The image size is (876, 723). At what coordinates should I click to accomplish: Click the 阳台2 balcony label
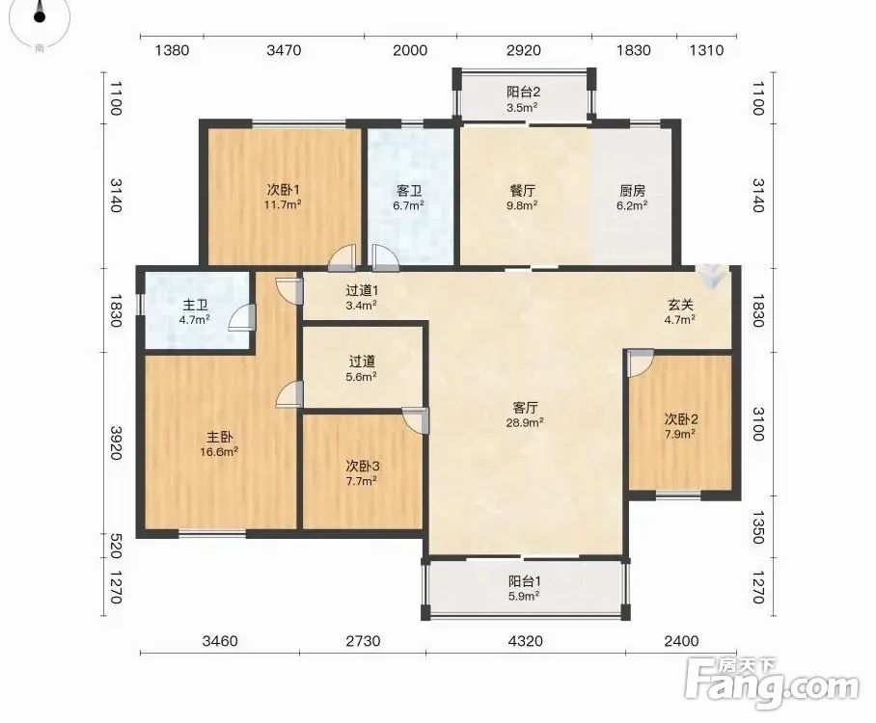point(523,92)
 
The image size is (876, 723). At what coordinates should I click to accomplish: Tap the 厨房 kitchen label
point(633,191)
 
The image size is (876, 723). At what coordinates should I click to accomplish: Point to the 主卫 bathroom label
point(196,306)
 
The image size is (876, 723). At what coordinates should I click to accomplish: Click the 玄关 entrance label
point(680,305)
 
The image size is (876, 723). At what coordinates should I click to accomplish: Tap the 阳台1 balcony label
point(525,581)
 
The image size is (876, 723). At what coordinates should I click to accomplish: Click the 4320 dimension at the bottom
point(525,641)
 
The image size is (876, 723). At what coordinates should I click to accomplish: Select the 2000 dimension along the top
point(410,50)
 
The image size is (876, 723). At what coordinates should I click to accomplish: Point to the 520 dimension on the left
point(115,546)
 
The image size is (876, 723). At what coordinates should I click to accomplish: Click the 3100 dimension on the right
point(757,424)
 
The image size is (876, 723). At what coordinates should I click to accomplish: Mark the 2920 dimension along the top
point(524,50)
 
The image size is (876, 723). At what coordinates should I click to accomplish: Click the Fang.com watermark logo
point(773,684)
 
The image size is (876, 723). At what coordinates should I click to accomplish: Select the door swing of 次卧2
point(640,362)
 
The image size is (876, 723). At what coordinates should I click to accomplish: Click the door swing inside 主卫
point(242,318)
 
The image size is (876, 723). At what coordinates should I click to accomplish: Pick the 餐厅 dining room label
point(523,191)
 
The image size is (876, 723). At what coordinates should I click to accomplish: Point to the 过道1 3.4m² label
point(362,297)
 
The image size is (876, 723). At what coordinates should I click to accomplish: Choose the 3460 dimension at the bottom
point(220,641)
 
